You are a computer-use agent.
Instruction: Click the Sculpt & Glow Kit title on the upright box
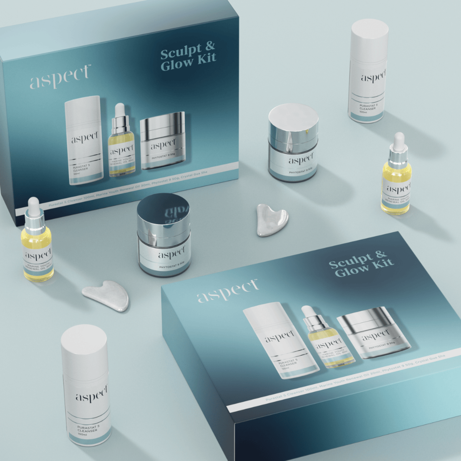[188, 56]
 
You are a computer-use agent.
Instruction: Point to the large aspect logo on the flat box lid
[227, 291]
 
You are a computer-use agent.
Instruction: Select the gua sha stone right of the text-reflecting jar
[272, 219]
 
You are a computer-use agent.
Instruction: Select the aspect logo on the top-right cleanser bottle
[373, 77]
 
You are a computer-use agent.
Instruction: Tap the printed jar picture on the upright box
[163, 141]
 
